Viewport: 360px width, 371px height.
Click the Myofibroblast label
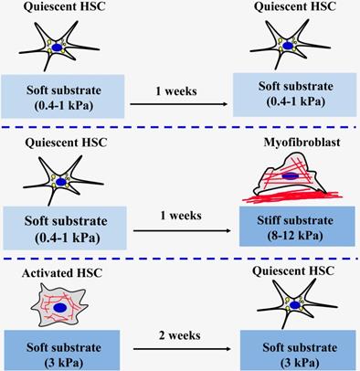302,143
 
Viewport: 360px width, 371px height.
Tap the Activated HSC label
62,273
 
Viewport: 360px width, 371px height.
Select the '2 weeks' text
180,335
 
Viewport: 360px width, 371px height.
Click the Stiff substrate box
297,226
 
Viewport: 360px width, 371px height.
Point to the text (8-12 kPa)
295,236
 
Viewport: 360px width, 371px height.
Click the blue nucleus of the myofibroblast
290,175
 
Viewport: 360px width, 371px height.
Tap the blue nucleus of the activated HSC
60,308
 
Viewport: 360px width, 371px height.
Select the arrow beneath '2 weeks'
182,349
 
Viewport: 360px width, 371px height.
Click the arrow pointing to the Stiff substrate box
182,230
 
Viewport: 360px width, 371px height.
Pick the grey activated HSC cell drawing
59,304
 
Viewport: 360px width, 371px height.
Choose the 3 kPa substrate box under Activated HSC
62,350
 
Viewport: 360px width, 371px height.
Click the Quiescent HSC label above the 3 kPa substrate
293,270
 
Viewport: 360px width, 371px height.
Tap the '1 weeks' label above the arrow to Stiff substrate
181,216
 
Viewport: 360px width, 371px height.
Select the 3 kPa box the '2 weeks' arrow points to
298,350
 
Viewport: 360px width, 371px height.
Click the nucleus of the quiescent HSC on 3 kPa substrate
294,305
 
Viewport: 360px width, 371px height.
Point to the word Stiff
270,220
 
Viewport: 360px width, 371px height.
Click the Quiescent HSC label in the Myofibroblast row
66,143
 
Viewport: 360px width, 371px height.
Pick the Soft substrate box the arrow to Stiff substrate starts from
65,228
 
